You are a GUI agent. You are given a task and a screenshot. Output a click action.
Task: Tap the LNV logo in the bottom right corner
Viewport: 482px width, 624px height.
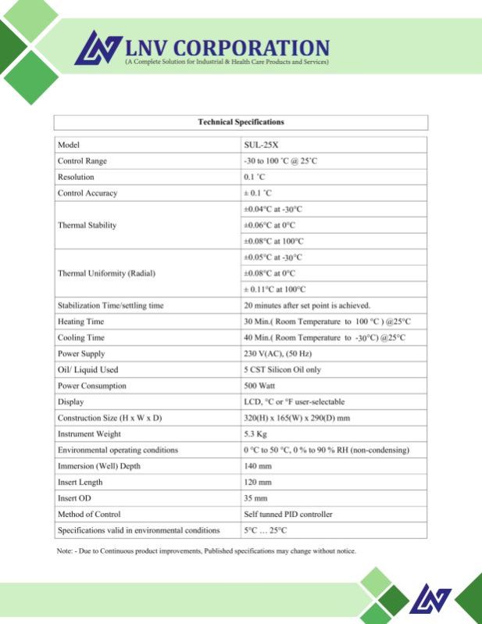(430, 599)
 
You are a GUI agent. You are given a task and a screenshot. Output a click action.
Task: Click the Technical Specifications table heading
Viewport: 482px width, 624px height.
(241, 122)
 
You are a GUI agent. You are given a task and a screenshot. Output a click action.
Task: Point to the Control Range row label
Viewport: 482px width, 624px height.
(82, 161)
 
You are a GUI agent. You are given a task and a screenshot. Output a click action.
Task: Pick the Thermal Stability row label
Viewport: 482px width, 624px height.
(87, 225)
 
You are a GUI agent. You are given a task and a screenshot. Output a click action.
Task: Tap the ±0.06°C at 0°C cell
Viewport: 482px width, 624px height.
(270, 225)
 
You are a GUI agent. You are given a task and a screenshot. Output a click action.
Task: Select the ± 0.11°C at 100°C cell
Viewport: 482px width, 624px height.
(274, 289)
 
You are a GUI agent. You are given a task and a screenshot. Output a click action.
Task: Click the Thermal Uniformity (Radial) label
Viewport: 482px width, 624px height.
(106, 274)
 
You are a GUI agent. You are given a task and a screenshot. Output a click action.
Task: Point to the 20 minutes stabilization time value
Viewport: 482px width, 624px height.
(307, 305)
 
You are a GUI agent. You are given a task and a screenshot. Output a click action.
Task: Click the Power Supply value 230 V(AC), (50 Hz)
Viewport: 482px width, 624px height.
(283, 353)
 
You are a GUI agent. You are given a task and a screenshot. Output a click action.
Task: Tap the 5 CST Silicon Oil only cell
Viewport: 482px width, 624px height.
(282, 370)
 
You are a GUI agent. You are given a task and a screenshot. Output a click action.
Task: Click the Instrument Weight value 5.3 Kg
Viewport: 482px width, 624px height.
(256, 434)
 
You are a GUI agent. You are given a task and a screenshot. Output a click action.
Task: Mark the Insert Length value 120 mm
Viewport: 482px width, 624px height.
(258, 482)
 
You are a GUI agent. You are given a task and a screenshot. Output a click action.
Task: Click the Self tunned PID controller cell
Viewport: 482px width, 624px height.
(288, 515)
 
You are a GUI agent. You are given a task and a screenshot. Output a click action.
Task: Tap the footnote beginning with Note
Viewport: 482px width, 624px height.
(206, 551)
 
